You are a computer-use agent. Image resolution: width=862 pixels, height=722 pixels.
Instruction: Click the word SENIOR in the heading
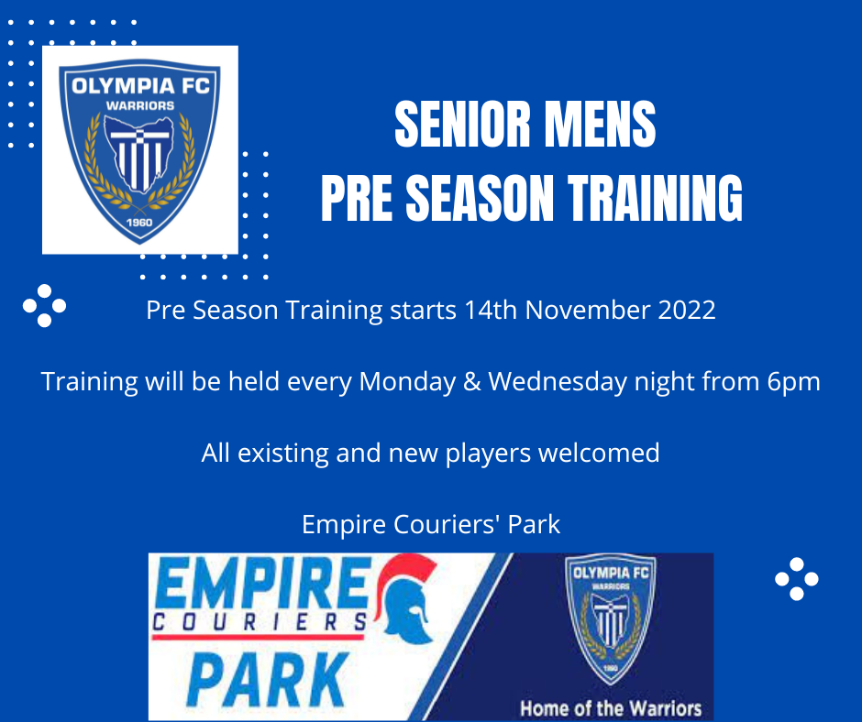pos(462,125)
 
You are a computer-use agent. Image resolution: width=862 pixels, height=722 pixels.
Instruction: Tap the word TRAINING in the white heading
pos(655,198)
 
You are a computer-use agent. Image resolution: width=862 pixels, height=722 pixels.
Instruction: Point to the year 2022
pos(687,310)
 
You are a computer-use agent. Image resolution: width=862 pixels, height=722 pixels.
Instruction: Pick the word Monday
pos(407,382)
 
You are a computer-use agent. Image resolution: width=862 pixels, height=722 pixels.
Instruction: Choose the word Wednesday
pos(558,382)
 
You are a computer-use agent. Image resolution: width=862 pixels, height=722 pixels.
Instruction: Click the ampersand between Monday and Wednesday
pos(472,382)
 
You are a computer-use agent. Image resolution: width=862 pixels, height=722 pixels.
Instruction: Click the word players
pos(488,454)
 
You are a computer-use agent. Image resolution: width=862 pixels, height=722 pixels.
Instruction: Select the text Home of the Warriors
pos(611,708)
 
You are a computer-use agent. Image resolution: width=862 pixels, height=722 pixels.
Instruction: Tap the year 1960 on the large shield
pos(139,223)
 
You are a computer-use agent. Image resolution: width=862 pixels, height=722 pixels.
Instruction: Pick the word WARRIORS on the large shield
pos(140,105)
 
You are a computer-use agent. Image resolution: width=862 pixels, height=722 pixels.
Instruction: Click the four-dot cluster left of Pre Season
pos(45,305)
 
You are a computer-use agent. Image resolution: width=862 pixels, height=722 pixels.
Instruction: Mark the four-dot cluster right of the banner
pos(797,578)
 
